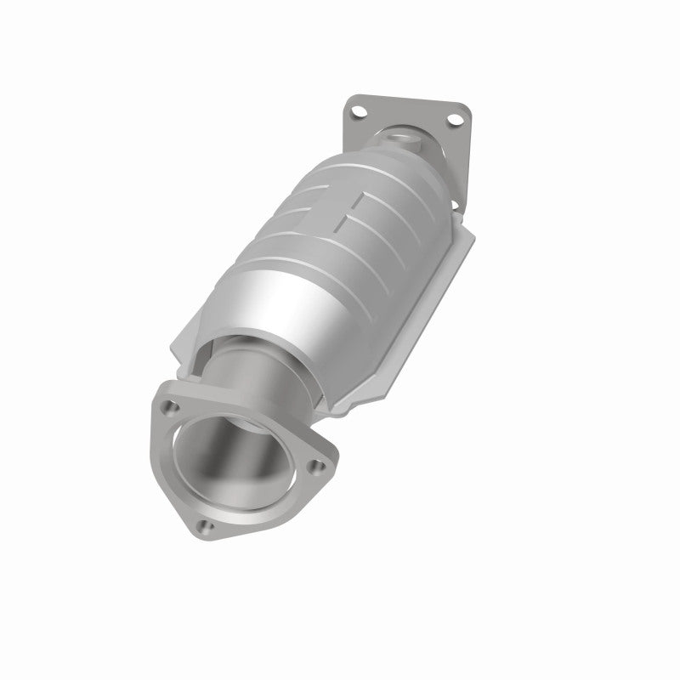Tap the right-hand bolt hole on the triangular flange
317,465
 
